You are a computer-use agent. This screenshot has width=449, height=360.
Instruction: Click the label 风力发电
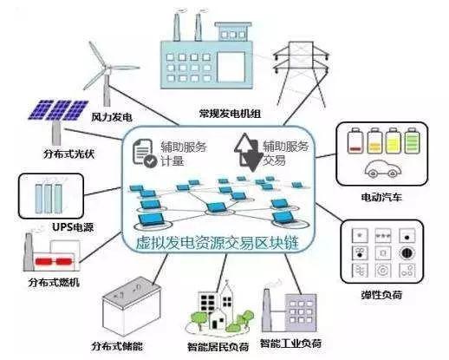point(112,117)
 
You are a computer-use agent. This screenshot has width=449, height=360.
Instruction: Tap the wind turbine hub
point(107,69)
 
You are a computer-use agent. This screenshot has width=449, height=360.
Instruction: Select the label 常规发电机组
point(230,114)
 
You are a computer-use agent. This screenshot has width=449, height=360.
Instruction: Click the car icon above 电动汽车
point(382,168)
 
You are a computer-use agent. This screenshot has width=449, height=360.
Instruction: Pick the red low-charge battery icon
point(355,141)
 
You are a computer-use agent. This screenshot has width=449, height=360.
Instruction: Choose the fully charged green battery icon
point(412,141)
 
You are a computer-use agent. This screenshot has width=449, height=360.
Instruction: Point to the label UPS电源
point(73,227)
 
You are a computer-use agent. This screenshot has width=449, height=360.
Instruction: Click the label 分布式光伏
point(68,154)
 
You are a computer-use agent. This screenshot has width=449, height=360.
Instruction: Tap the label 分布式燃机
point(54,282)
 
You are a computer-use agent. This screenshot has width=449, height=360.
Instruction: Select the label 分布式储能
point(117,346)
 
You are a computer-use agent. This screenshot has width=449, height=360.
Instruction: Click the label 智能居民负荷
point(218,346)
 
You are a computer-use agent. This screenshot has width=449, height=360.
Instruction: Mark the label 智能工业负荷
point(290,344)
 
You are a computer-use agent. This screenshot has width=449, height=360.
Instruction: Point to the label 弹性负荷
point(381,295)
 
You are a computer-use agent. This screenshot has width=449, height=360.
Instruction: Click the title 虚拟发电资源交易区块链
point(218,243)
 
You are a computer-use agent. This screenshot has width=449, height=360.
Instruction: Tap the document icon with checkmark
point(145,153)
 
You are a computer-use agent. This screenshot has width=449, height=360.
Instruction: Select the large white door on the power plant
point(231,67)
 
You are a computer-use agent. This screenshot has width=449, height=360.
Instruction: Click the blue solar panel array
point(58,110)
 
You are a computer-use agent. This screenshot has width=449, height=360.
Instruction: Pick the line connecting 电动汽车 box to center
point(326,155)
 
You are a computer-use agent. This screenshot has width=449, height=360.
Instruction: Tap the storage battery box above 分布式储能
point(132,306)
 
